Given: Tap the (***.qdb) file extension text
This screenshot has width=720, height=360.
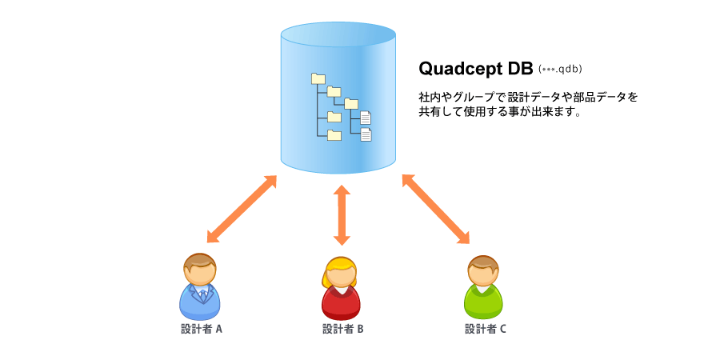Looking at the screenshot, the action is point(561,70).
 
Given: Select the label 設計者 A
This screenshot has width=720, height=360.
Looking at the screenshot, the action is point(202,329).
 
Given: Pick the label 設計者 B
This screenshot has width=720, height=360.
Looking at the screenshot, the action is point(343,329).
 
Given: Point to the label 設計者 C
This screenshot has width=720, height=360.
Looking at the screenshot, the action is point(486,329).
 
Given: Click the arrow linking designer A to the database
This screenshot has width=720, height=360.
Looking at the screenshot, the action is point(242,209).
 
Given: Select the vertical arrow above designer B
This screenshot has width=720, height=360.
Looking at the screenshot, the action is point(342,215).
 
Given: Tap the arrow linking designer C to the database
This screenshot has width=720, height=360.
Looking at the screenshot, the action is point(436,209).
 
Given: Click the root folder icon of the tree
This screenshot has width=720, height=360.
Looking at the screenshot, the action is point(318,78).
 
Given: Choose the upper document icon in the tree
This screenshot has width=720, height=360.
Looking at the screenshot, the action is point(366,118).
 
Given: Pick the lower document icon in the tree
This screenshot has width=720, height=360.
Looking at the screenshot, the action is point(366,134).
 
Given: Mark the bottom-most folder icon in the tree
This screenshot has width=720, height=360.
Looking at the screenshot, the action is point(334,134).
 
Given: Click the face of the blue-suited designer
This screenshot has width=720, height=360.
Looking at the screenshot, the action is point(199,274).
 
